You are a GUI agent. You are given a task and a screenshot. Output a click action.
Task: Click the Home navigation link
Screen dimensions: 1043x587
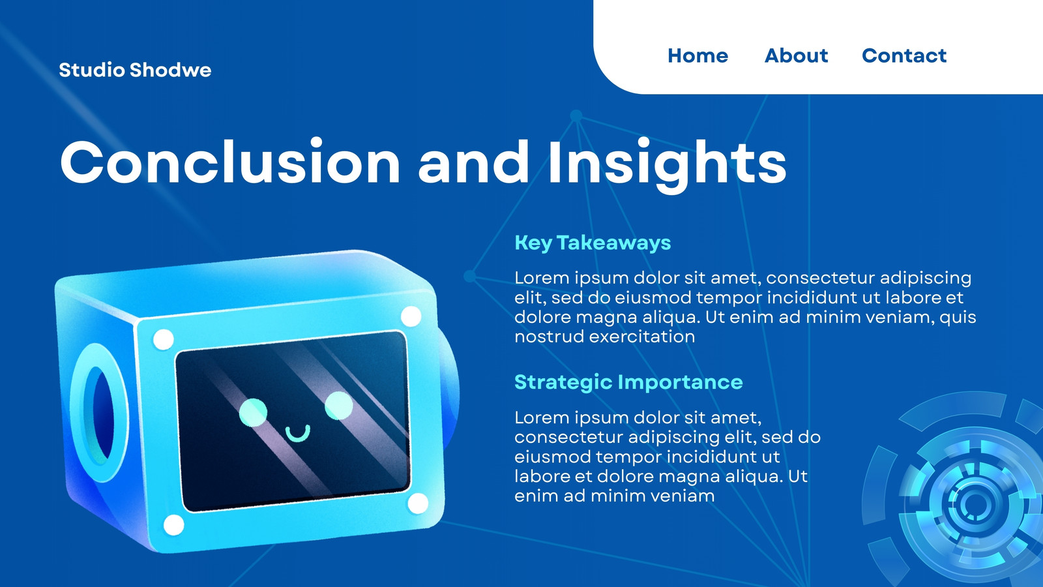pyautogui.click(x=698, y=55)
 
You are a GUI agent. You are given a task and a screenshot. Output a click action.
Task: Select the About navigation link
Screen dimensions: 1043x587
pyautogui.click(x=796, y=55)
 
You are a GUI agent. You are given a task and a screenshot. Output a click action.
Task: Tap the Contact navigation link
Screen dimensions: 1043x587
pyautogui.click(x=903, y=55)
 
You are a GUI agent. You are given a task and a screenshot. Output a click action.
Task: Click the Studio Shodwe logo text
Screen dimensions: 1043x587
pyautogui.click(x=135, y=70)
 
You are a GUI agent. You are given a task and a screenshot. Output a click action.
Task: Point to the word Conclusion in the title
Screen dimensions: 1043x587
pyautogui.click(x=230, y=162)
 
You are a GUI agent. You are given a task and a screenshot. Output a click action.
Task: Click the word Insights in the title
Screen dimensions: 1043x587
pyautogui.click(x=668, y=164)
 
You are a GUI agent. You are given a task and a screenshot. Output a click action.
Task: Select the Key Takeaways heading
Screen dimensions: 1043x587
pyautogui.click(x=593, y=243)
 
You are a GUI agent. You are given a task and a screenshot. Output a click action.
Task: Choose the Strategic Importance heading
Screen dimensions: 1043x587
pyautogui.click(x=628, y=382)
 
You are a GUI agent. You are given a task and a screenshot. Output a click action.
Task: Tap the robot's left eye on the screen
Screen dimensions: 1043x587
pyautogui.click(x=253, y=412)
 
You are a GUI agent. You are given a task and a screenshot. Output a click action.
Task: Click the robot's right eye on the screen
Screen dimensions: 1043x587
pyautogui.click(x=338, y=405)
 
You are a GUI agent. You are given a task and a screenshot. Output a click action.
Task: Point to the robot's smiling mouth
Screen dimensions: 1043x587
pyautogui.click(x=298, y=434)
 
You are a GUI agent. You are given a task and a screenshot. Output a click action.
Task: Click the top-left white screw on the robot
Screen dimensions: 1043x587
pyautogui.click(x=163, y=339)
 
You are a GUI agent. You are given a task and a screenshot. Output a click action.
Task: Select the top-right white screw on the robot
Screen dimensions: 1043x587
pyautogui.click(x=411, y=317)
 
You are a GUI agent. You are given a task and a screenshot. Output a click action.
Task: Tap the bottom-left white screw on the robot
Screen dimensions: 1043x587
pyautogui.click(x=173, y=525)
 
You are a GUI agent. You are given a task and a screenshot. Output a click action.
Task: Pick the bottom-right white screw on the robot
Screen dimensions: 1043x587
pyautogui.click(x=418, y=504)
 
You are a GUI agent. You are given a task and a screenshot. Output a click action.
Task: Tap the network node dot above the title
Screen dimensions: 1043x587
pyautogui.click(x=576, y=115)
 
